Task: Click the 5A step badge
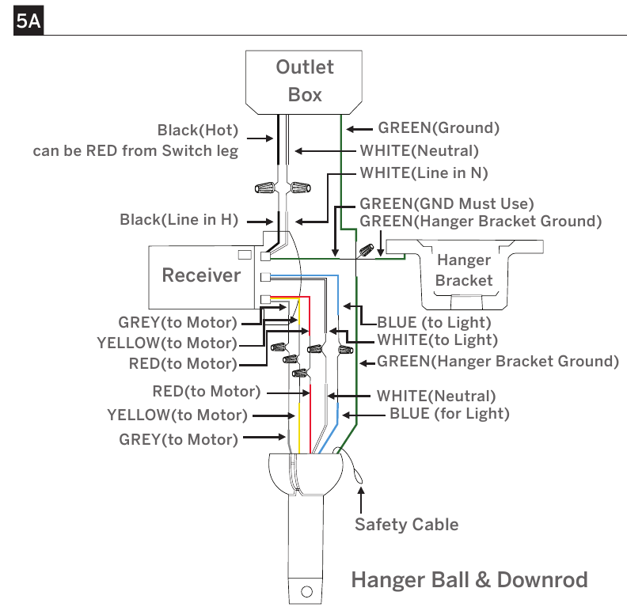tap(28, 21)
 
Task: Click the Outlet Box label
tap(305, 81)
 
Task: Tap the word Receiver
tap(201, 275)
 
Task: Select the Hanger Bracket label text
tap(464, 270)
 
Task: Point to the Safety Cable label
tap(407, 524)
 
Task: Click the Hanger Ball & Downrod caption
tap(469, 580)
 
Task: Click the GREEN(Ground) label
tap(439, 128)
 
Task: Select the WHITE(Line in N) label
tap(424, 173)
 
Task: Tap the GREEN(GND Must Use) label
tap(446, 204)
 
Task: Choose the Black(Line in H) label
tap(179, 220)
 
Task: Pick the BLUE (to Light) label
tap(435, 322)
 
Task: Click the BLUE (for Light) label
tap(450, 414)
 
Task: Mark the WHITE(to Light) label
tap(438, 340)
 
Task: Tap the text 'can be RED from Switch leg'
tap(135, 151)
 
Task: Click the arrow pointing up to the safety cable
tap(361, 500)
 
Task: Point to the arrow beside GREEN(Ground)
tap(359, 129)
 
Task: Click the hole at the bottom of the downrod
tap(306, 591)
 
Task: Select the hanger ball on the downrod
tap(306, 474)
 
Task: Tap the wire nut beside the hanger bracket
tap(367, 250)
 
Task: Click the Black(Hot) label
tap(198, 131)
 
